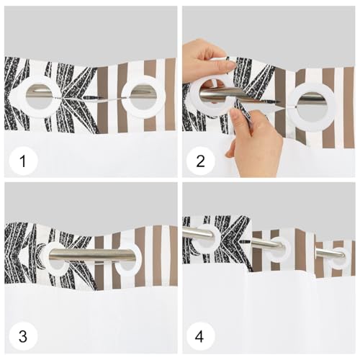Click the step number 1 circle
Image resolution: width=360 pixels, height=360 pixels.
[x=23, y=161]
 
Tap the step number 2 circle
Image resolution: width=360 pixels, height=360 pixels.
[x=201, y=161]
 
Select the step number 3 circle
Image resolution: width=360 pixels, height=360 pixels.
[x=23, y=336]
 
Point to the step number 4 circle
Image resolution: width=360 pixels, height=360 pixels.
[x=201, y=336]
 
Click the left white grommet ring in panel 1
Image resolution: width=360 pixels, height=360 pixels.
[x=20, y=96]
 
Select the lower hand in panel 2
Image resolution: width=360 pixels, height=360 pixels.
[x=254, y=142]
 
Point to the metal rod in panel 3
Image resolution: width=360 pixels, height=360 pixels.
[x=91, y=256]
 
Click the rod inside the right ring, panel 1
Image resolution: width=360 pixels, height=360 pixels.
[x=143, y=92]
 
